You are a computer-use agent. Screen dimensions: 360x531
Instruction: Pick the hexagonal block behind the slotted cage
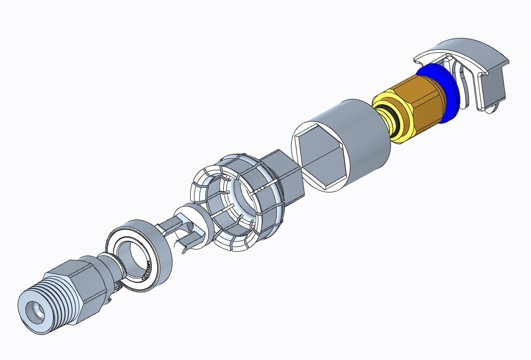pyautogui.click(x=286, y=171)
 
